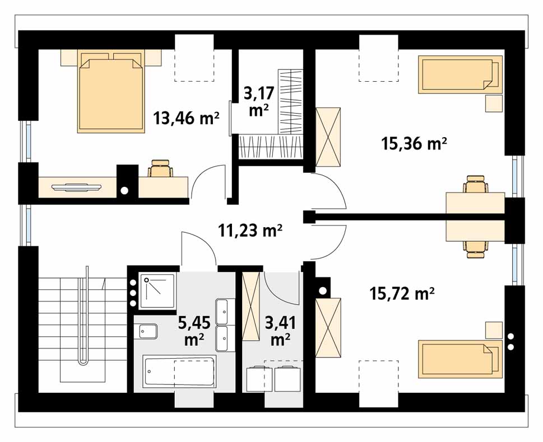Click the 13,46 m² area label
click(186, 119)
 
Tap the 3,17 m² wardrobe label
click(259, 102)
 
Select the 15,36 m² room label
click(414, 143)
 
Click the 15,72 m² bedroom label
click(402, 294)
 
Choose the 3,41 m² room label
click(281, 331)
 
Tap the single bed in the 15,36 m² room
click(460, 74)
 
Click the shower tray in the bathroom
click(158, 291)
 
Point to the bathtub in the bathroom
click(180, 372)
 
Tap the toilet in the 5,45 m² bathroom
click(148, 332)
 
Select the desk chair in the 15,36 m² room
click(475, 184)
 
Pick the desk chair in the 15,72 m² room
click(475, 250)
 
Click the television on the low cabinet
click(77, 187)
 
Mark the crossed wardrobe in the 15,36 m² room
click(328, 137)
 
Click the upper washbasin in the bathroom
click(222, 311)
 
